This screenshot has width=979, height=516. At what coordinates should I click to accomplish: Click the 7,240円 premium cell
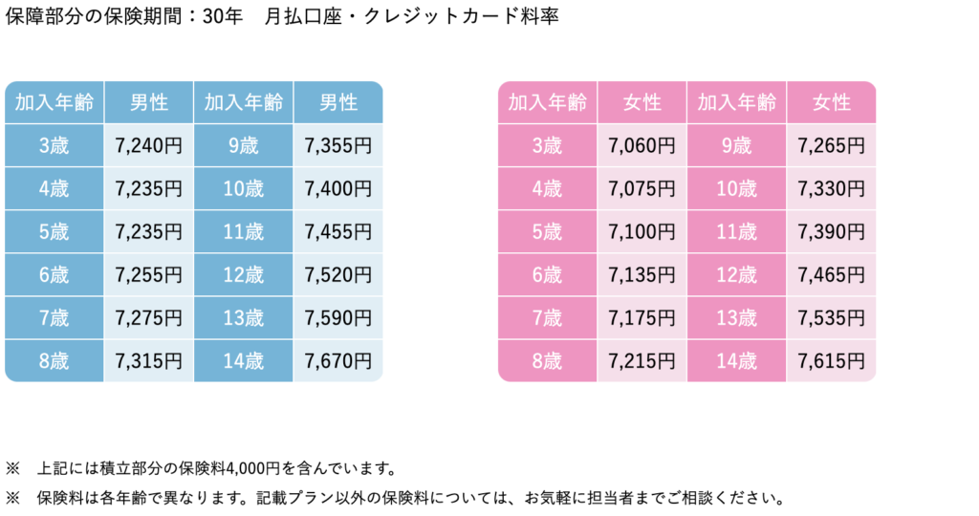pyautogui.click(x=147, y=146)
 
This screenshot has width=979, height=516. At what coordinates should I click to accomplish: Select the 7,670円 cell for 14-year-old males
pyautogui.click(x=337, y=361)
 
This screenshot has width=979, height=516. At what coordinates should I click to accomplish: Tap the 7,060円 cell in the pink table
pyautogui.click(x=642, y=146)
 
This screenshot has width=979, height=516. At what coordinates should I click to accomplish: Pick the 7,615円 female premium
pyautogui.click(x=831, y=361)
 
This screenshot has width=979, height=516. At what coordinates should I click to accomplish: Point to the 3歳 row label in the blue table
pyautogui.click(x=54, y=146)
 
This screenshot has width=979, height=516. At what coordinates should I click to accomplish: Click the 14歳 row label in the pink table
pyautogui.click(x=737, y=361)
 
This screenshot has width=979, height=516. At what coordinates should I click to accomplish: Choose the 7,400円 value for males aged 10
pyautogui.click(x=337, y=189)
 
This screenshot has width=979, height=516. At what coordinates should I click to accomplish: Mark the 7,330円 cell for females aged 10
pyautogui.click(x=831, y=189)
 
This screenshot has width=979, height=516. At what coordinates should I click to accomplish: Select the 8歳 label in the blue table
pyautogui.click(x=54, y=361)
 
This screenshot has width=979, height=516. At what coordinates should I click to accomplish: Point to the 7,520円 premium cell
pyautogui.click(x=337, y=275)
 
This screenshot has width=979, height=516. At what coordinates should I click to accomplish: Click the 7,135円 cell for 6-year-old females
pyautogui.click(x=642, y=275)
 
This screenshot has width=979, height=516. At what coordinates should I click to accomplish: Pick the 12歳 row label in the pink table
pyautogui.click(x=737, y=275)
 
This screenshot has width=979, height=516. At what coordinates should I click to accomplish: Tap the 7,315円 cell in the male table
pyautogui.click(x=147, y=361)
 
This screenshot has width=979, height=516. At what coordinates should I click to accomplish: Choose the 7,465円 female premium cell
pyautogui.click(x=831, y=275)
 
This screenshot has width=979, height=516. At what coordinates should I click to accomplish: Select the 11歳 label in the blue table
pyautogui.click(x=243, y=232)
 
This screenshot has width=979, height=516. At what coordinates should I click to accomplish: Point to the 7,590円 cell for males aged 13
pyautogui.click(x=337, y=318)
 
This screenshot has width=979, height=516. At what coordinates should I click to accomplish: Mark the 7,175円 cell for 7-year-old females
pyautogui.click(x=642, y=318)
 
